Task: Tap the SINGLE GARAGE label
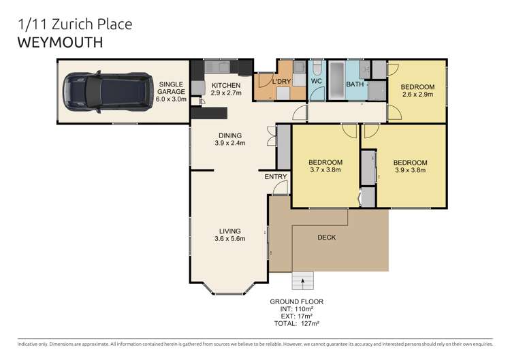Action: click(171, 92)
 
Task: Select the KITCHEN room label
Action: click(224, 85)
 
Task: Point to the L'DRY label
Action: click(281, 82)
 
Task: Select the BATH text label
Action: click(355, 84)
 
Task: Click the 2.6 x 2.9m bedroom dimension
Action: click(417, 95)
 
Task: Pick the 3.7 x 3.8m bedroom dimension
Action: click(325, 170)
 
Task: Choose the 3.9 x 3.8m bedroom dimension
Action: click(410, 171)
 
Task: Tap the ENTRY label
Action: click(276, 177)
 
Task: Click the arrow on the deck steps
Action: click(303, 280)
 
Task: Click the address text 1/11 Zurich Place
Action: click(74, 24)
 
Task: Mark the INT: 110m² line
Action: click(296, 309)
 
